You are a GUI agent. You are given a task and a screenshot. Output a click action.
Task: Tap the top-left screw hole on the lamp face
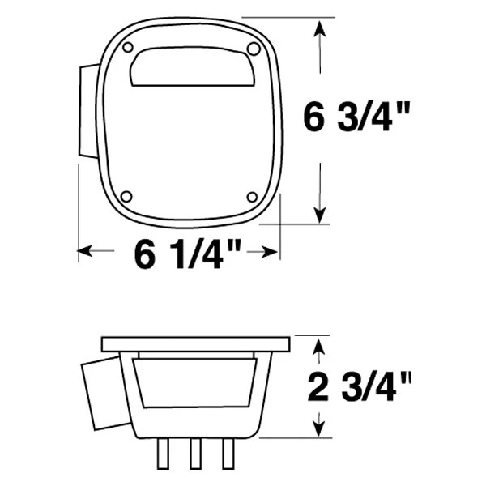[128, 49]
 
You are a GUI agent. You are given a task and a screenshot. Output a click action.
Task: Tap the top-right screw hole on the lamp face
[254, 49]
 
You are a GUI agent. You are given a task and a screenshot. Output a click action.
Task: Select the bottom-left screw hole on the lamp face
[126, 197]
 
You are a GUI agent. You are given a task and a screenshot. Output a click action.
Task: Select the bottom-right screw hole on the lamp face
[251, 198]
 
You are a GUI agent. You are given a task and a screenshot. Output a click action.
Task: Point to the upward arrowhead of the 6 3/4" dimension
[322, 29]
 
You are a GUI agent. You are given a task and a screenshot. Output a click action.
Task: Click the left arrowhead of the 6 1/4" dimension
[85, 252]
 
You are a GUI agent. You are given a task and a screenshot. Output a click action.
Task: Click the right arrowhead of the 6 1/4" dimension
[273, 252]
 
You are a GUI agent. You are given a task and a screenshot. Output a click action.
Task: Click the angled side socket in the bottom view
[103, 395]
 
